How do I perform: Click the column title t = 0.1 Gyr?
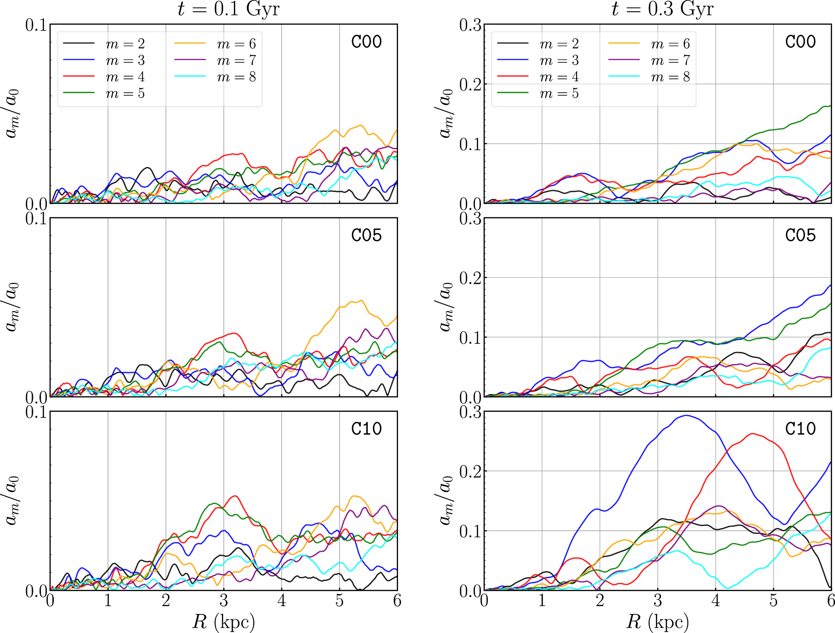pyautogui.click(x=228, y=9)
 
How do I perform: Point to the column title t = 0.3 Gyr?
pyautogui.click(x=662, y=9)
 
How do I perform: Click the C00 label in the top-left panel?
pyautogui.click(x=366, y=42)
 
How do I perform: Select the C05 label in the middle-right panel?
pyautogui.click(x=800, y=235)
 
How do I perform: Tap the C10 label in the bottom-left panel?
pyautogui.click(x=366, y=428)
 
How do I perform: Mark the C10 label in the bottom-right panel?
pyautogui.click(x=800, y=428)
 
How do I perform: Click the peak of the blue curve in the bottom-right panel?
pyautogui.click(x=687, y=416)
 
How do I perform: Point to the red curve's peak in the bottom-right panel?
pyautogui.click(x=752, y=434)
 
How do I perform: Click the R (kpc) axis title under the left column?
pyautogui.click(x=224, y=621)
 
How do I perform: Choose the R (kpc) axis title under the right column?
pyautogui.click(x=657, y=621)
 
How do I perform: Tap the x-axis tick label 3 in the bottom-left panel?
pyautogui.click(x=224, y=601)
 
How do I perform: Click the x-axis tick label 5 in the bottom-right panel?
pyautogui.click(x=773, y=601)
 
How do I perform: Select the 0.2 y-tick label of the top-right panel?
pyautogui.click(x=470, y=85)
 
